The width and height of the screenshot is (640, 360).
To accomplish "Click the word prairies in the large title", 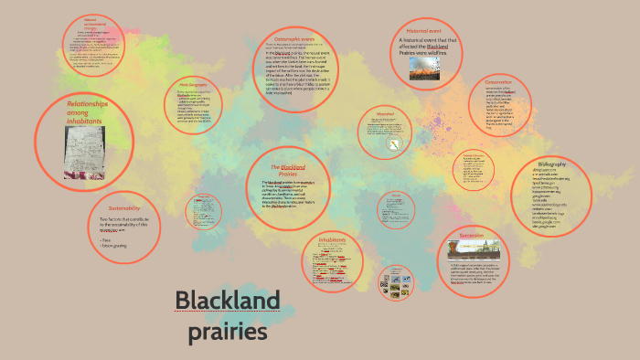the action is pyautogui.click(x=227, y=331).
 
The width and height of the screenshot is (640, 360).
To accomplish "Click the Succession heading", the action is pyautogui.click(x=471, y=235).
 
